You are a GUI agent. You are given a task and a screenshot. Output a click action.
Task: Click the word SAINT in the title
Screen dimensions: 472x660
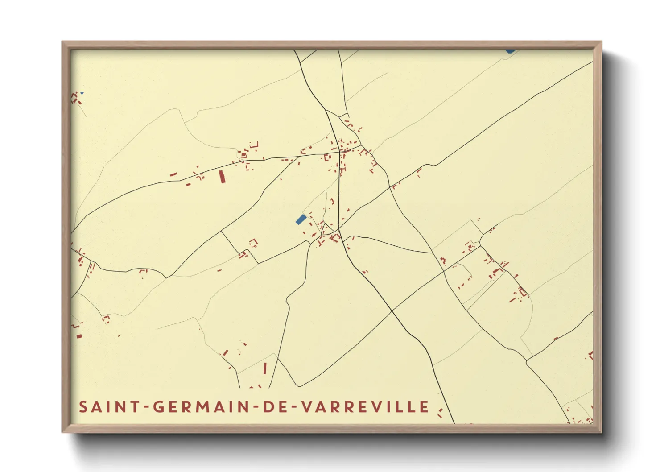point(107,407)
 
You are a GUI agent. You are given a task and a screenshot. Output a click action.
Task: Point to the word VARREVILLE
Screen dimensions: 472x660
point(365,407)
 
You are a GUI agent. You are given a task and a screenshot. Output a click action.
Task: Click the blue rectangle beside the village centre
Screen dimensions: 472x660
point(301,219)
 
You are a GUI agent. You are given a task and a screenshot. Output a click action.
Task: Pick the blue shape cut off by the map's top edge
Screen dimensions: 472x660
point(511,51)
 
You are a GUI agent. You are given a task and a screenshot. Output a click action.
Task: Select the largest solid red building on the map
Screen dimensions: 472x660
point(222,177)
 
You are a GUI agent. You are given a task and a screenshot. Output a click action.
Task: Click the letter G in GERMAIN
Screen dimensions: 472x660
point(159,407)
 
